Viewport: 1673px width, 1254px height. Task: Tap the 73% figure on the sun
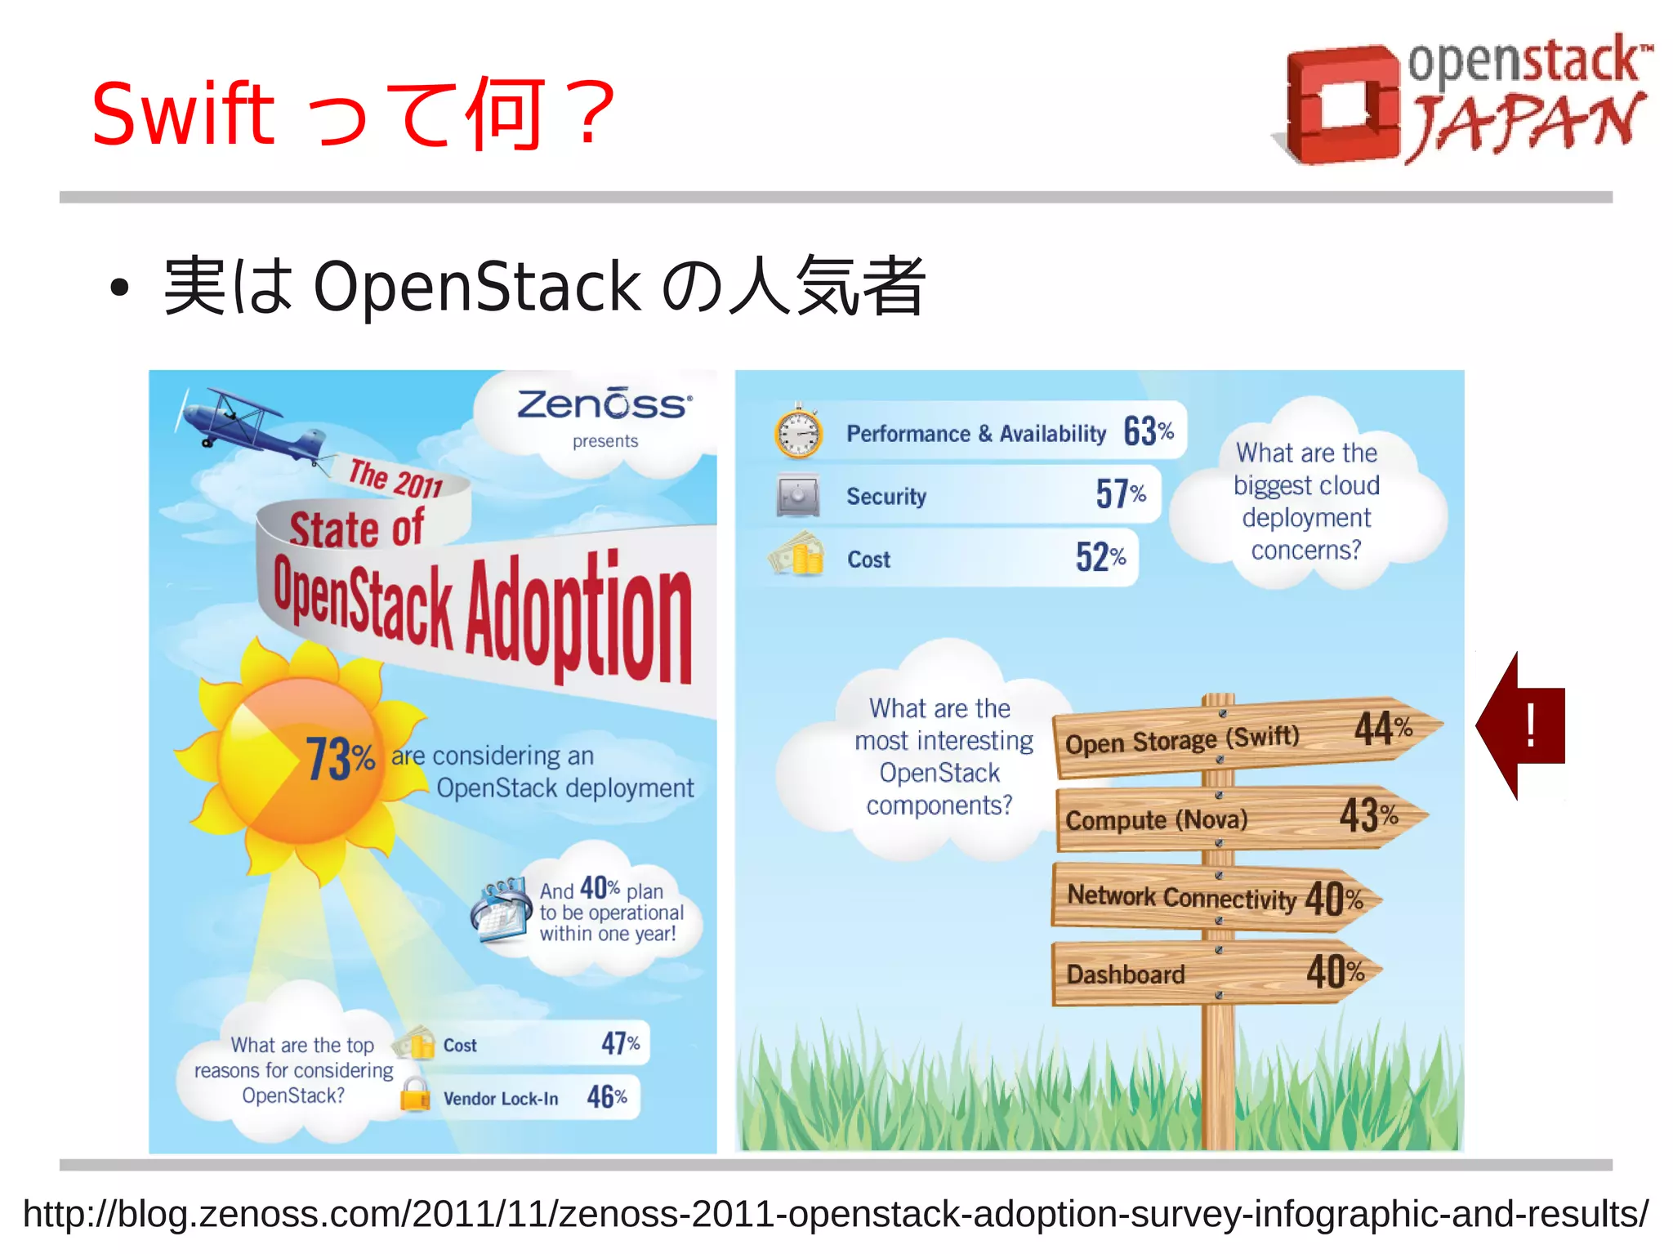[x=339, y=758]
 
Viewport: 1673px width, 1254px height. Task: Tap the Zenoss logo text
[x=605, y=405]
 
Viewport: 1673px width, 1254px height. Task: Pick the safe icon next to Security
[x=798, y=495]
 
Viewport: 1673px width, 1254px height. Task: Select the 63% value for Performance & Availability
[x=1148, y=431]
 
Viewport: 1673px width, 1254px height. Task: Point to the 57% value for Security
[x=1120, y=493]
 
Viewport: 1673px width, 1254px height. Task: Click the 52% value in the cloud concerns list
[x=1100, y=557]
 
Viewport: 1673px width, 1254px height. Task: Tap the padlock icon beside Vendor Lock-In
[x=415, y=1094]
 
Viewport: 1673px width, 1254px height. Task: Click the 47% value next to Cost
[x=620, y=1042]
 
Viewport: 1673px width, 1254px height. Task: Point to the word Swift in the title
[x=183, y=114]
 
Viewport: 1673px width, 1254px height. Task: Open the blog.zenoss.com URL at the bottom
[x=835, y=1214]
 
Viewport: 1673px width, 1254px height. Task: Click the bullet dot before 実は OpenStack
[x=120, y=288]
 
